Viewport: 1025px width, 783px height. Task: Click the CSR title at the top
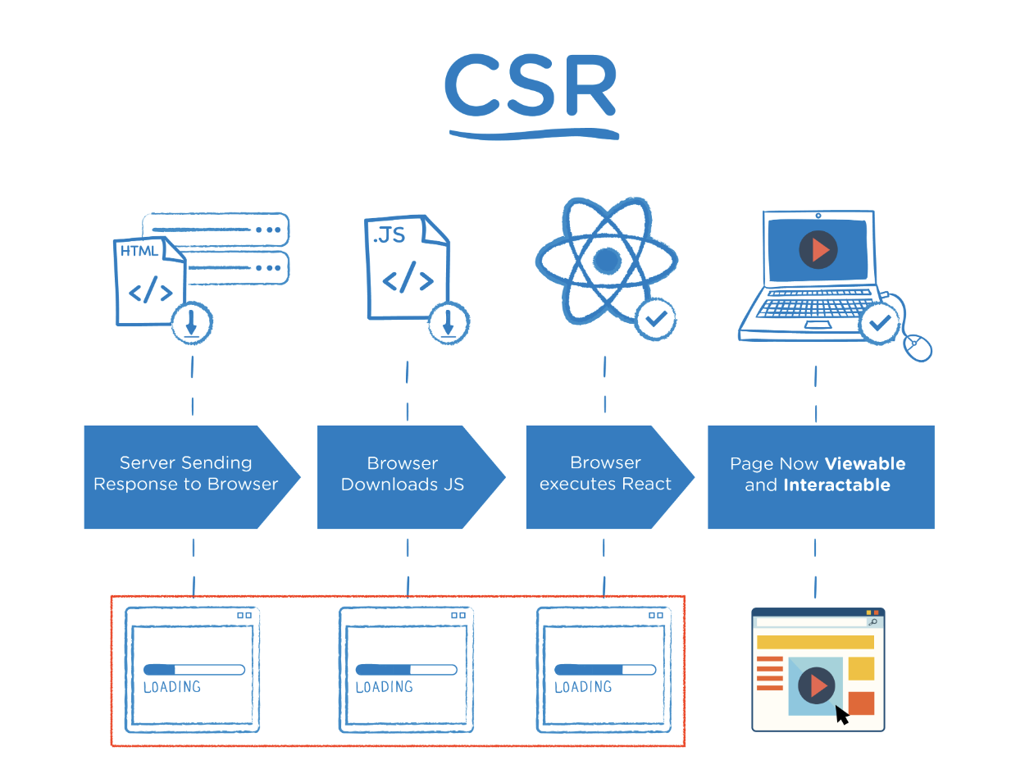tap(531, 86)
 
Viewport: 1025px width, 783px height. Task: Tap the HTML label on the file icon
tap(139, 251)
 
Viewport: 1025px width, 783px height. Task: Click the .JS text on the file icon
tap(389, 236)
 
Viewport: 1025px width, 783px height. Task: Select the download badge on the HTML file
tap(192, 322)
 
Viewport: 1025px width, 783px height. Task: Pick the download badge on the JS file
tap(449, 322)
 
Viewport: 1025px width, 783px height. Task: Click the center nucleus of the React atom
tap(607, 261)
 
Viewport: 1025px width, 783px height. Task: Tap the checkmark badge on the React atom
tap(656, 319)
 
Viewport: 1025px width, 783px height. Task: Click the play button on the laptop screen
tap(818, 249)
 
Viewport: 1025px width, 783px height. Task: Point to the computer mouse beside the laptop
tap(918, 347)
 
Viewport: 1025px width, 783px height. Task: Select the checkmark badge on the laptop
tap(880, 323)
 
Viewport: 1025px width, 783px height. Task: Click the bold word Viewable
tap(867, 464)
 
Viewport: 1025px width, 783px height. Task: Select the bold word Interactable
tap(836, 485)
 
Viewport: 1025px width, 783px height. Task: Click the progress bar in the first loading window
tap(194, 670)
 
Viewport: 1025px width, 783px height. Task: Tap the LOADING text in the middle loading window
tap(385, 687)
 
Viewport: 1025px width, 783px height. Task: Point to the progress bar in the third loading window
tap(605, 670)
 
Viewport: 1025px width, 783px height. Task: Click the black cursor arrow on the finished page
tap(842, 715)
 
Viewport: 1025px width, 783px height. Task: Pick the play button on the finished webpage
tap(817, 685)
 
